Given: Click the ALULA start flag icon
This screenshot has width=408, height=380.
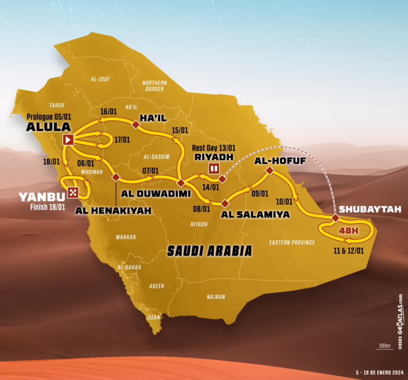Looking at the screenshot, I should tap(68, 139).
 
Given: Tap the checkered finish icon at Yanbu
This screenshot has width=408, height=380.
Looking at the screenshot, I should tap(73, 193).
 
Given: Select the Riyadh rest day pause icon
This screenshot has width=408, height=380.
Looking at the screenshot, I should tap(214, 168).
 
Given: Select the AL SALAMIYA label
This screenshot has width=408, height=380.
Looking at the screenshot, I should tap(256, 215).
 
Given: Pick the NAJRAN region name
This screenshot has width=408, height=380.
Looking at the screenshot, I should tap(216, 296).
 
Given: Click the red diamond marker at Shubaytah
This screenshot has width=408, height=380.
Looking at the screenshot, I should tap(335, 218).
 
